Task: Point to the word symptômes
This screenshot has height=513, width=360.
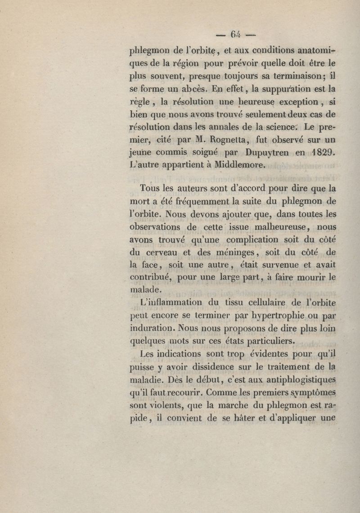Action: pos(313,393)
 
